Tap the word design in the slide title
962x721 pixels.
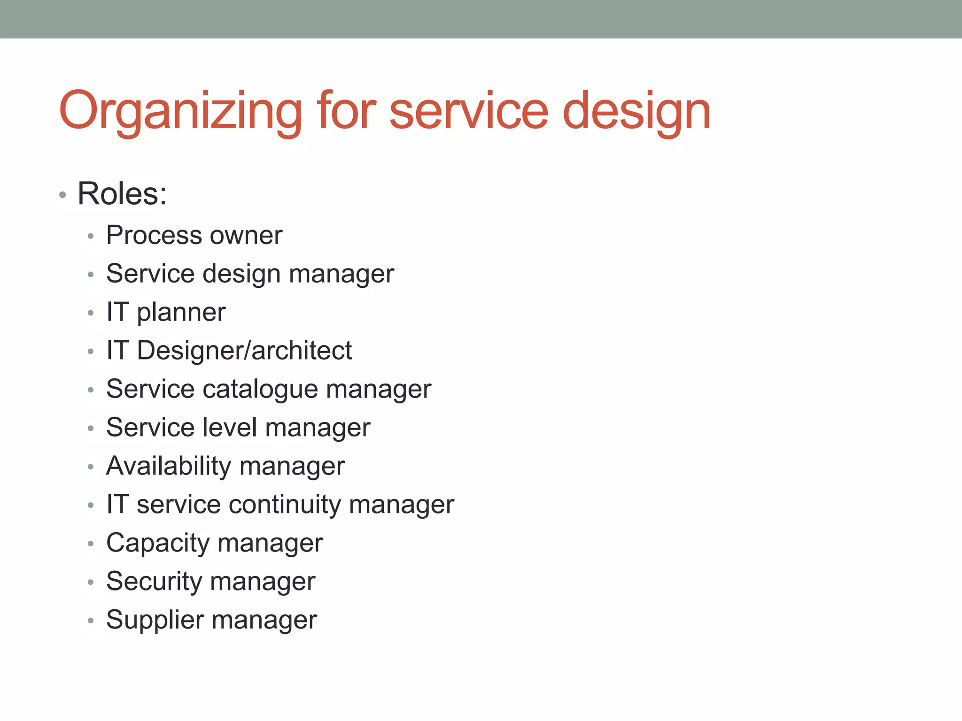pyautogui.click(x=636, y=112)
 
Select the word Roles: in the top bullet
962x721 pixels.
pyautogui.click(x=122, y=193)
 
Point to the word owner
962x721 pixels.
pyautogui.click(x=246, y=235)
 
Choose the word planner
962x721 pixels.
pyautogui.click(x=181, y=312)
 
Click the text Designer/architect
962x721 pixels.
pyautogui.click(x=244, y=351)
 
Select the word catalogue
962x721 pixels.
pyautogui.click(x=261, y=389)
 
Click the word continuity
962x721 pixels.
pyautogui.click(x=285, y=505)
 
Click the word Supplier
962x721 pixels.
pyautogui.click(x=155, y=620)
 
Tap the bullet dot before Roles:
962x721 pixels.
pyautogui.click(x=62, y=195)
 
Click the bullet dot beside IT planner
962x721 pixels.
pyautogui.click(x=91, y=313)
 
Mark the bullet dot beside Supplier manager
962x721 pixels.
pyautogui.click(x=91, y=621)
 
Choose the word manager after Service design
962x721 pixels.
pyautogui.click(x=341, y=274)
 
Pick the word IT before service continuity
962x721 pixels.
pyautogui.click(x=117, y=505)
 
